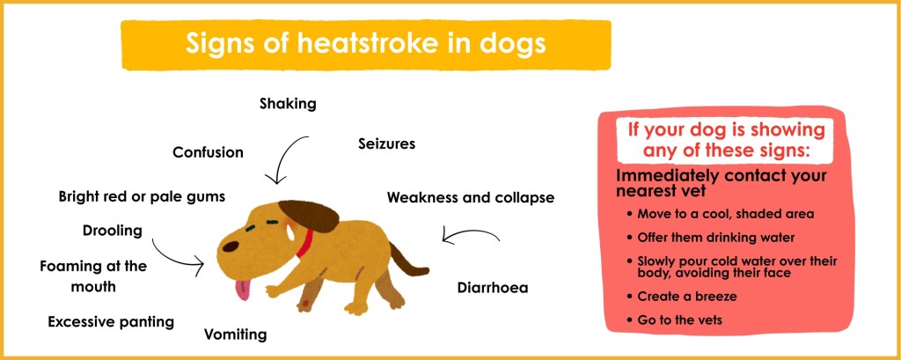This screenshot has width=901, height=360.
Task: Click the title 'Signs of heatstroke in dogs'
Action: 365,43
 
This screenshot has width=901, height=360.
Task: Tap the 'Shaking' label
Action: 288,104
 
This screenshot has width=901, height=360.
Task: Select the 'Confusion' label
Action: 208,152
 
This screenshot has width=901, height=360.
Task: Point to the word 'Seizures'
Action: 386,143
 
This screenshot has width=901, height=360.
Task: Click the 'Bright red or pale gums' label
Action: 142,195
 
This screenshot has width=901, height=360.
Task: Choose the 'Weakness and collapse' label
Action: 471,197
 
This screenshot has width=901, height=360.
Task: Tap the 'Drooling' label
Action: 112,231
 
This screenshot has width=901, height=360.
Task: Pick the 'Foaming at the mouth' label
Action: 93,276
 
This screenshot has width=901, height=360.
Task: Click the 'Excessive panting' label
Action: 111,321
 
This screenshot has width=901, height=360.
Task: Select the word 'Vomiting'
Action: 235,334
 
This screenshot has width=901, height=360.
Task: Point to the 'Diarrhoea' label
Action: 493,287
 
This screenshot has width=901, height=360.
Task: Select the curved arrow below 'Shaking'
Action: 287,159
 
